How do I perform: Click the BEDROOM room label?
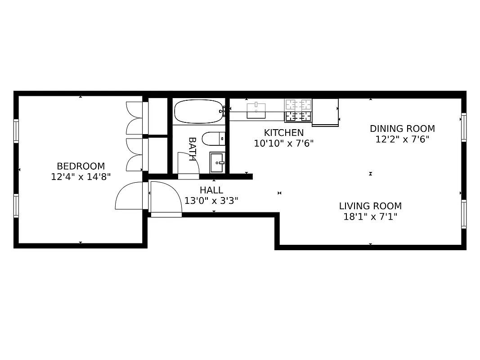81,166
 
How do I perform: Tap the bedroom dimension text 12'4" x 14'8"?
81,177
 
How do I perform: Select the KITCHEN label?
283,133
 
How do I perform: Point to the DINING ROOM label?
402,129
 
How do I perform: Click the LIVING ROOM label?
370,206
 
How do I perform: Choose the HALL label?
211,190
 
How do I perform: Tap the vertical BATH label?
192,149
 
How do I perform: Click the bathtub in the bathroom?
198,112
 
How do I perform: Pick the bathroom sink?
217,162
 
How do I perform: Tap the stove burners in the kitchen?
298,111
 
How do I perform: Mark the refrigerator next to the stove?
325,112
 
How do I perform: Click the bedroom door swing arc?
130,196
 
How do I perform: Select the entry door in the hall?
166,198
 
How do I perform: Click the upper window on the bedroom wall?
16,130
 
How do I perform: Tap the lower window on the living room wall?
463,214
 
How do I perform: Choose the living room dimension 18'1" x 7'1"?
370,217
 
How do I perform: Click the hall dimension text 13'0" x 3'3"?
211,201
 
